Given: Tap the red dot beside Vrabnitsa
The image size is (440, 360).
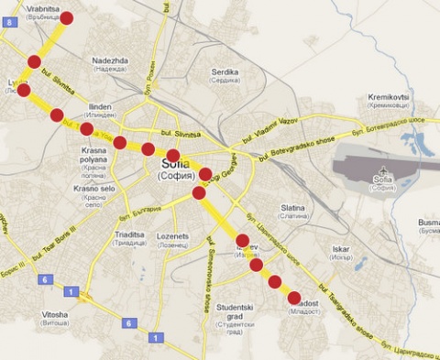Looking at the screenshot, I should point(66,17).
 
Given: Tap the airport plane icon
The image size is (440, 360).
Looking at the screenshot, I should point(380,170).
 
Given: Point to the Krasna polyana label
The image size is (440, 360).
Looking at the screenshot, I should point(94,155).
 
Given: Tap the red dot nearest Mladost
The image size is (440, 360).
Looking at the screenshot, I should point(293,298).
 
